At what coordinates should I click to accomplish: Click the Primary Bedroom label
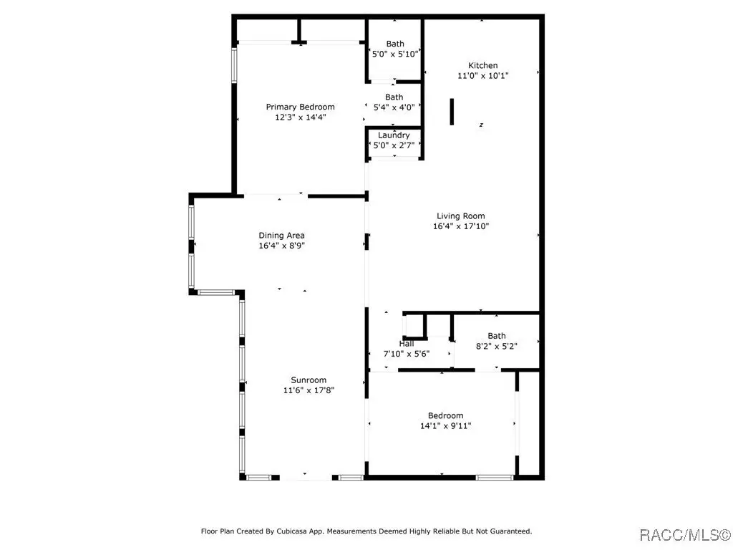click(x=300, y=107)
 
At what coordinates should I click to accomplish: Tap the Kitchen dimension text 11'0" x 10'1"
click(x=483, y=76)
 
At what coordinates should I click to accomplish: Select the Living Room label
click(x=461, y=216)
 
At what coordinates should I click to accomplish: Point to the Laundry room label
click(x=394, y=135)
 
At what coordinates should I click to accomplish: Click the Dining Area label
click(x=281, y=236)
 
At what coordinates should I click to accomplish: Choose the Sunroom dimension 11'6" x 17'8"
click(x=309, y=390)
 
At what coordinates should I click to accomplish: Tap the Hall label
click(x=407, y=344)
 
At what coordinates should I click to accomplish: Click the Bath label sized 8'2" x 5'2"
click(x=497, y=336)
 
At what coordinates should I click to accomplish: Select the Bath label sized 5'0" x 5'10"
click(x=395, y=44)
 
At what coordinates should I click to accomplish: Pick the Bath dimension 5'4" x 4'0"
click(x=394, y=107)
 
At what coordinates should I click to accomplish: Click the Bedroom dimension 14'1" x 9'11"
click(x=445, y=426)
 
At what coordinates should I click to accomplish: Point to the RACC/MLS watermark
click(x=684, y=534)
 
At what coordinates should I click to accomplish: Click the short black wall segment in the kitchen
click(x=452, y=112)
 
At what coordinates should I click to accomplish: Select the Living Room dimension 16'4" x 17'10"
click(x=461, y=226)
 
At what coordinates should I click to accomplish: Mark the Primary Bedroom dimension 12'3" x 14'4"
click(x=300, y=117)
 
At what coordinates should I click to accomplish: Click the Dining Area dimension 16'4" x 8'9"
click(x=281, y=246)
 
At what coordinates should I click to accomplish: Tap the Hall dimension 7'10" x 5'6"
click(x=407, y=354)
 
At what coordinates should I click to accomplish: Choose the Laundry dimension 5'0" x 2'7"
click(x=394, y=145)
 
